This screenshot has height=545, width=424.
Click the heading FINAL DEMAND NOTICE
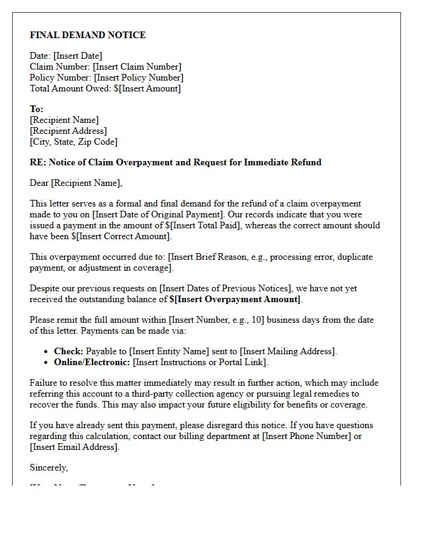(88, 35)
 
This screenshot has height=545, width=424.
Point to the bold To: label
(36, 109)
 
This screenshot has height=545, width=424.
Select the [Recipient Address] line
(68, 131)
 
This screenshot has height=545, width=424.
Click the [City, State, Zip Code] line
(73, 142)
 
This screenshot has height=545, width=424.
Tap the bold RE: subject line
(176, 162)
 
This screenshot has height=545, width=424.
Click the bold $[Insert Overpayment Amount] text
(235, 299)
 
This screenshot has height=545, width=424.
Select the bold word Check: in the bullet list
(68, 351)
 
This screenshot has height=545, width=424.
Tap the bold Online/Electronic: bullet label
(92, 362)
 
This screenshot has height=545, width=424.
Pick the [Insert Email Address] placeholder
(74, 447)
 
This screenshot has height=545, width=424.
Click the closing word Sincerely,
(49, 467)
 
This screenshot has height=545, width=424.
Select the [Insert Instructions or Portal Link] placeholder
(200, 362)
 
